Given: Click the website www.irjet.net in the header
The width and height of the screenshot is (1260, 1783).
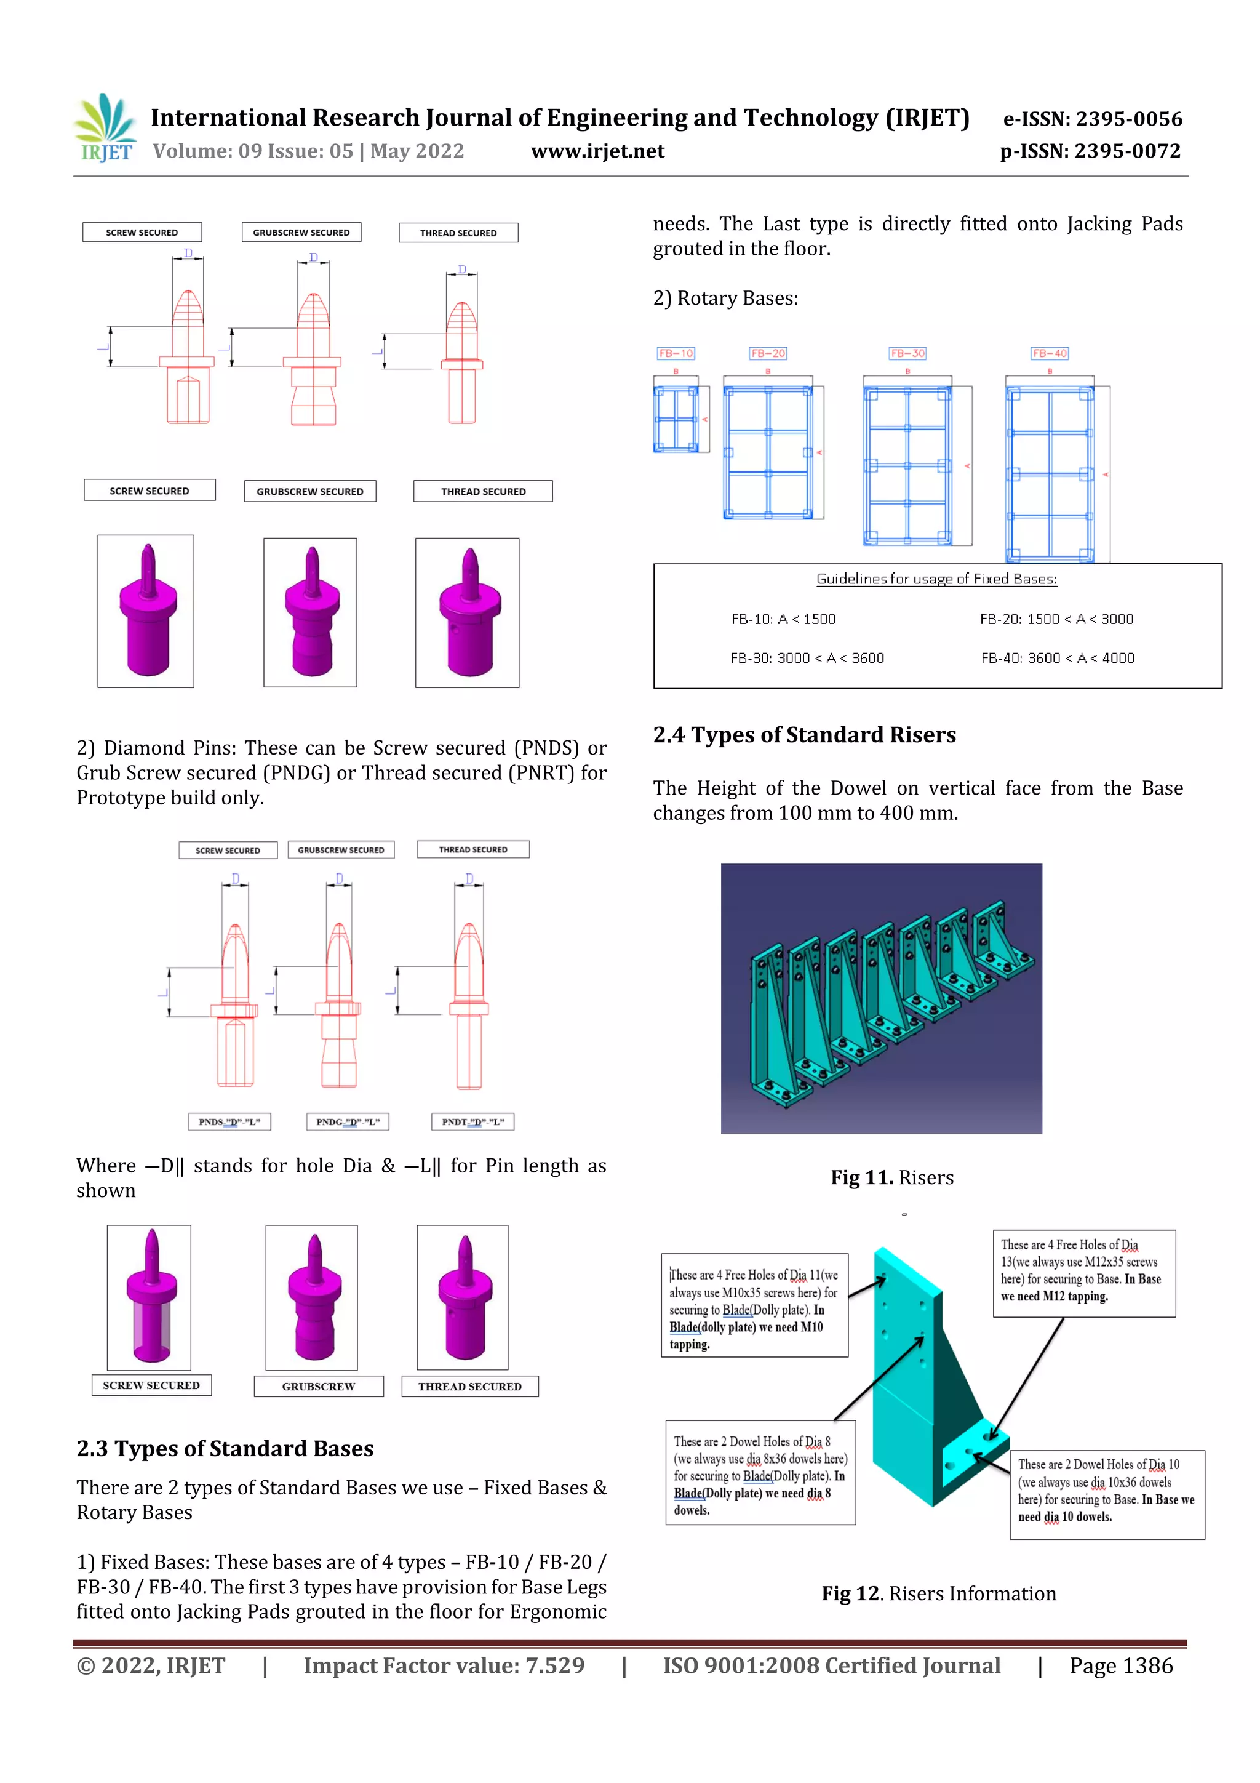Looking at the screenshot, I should click(597, 151).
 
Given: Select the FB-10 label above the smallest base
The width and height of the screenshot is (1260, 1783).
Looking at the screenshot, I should click(676, 353).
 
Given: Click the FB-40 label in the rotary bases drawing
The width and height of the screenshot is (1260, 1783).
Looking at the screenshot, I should click(1049, 353).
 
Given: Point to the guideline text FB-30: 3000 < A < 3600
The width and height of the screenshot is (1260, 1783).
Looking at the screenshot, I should click(807, 659).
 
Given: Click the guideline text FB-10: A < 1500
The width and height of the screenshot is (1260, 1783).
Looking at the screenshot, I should click(783, 619).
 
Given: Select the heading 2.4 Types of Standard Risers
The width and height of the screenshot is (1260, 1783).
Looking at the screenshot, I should click(803, 735).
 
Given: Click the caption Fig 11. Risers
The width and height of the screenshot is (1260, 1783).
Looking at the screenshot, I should click(891, 1177).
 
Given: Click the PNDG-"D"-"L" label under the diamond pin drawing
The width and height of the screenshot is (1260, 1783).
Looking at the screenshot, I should click(347, 1121).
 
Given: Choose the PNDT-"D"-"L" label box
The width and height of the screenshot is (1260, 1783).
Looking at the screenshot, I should click(472, 1121).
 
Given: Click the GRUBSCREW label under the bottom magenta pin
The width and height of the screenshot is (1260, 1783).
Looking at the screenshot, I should click(318, 1386).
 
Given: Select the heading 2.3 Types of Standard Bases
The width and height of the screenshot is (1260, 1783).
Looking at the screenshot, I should click(225, 1448).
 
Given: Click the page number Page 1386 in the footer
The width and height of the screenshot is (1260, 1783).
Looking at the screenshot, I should click(1120, 1665).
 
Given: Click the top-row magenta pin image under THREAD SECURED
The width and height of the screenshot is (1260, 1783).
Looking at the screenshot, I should click(468, 613).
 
